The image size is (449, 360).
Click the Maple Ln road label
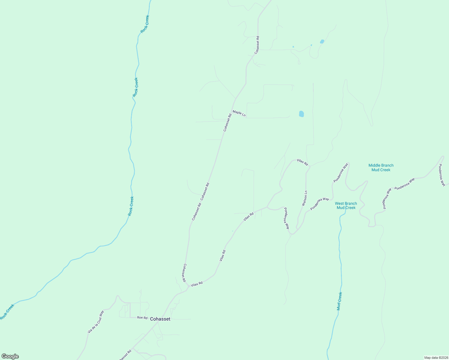[x=239, y=113]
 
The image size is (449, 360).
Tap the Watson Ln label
[x=304, y=198]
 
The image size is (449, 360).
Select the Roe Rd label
[x=142, y=317]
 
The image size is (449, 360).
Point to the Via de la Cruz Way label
[x=96, y=322]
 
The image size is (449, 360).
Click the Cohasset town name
[x=160, y=319]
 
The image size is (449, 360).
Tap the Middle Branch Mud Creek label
[x=381, y=167]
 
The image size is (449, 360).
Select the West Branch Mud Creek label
[x=346, y=205]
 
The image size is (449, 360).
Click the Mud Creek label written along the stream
[x=339, y=301]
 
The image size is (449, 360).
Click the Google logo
[x=10, y=356]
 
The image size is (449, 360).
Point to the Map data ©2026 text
[x=436, y=358]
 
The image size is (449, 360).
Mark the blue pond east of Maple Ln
[x=301, y=114]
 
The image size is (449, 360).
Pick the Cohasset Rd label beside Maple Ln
[x=228, y=122]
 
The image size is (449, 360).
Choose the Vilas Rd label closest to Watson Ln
[x=302, y=162]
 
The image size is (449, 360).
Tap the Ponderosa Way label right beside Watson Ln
[x=320, y=203]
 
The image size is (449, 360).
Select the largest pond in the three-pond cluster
[x=322, y=42]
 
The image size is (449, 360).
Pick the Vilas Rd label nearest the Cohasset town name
[x=197, y=283]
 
